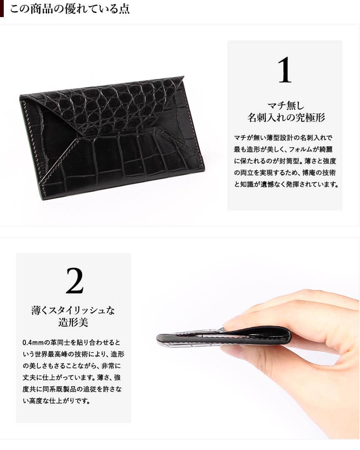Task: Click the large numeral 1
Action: point(285,70)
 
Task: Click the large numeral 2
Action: point(75,281)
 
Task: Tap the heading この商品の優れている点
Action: point(70,9)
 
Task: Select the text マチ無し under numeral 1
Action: point(285,106)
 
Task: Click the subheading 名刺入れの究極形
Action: point(286,117)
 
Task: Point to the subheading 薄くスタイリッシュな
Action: point(73,311)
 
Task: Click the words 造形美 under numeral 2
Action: point(73,322)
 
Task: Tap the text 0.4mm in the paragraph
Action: point(33,343)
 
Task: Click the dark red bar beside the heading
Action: point(2,9)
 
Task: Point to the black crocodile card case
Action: point(112,137)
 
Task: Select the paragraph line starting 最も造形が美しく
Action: point(283,149)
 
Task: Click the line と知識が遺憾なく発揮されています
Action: point(286,184)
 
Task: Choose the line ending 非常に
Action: point(72,366)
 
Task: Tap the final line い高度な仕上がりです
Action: point(56,401)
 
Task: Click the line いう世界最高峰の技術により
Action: point(73,354)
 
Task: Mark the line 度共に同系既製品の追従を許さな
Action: point(72,390)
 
